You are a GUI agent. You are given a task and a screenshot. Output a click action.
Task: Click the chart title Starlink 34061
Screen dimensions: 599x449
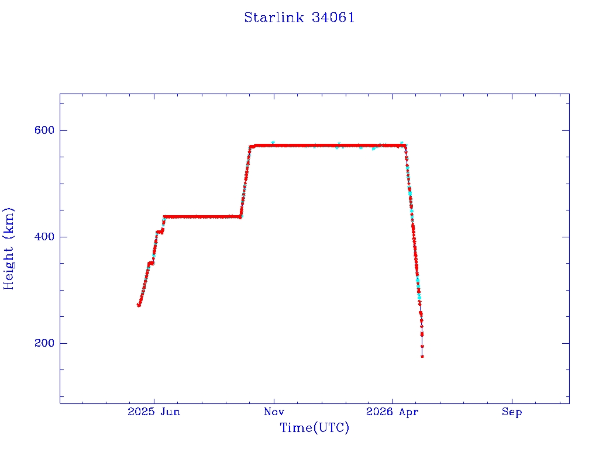[x=299, y=18]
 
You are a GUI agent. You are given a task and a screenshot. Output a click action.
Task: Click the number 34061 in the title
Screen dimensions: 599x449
[x=333, y=18]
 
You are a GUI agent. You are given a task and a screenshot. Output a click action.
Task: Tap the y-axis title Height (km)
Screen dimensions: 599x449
[x=8, y=248]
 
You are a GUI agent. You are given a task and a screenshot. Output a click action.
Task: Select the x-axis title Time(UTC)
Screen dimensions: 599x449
[x=314, y=427]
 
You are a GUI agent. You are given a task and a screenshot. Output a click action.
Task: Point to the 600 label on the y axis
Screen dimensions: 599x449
[x=44, y=130]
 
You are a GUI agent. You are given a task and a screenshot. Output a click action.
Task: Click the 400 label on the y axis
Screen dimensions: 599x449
[x=44, y=237]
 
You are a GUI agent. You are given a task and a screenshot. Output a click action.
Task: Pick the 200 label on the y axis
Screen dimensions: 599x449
[x=44, y=343]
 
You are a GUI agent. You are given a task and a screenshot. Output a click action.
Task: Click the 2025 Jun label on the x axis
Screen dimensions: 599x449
[x=154, y=412]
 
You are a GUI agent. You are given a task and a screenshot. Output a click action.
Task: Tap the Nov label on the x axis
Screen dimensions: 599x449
[x=274, y=412]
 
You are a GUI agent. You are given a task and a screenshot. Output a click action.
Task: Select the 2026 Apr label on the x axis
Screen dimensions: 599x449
[x=392, y=412]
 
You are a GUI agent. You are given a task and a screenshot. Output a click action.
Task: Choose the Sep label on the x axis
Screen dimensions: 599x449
[x=511, y=412]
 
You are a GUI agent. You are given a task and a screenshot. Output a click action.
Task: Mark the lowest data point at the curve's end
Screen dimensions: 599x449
[x=422, y=356]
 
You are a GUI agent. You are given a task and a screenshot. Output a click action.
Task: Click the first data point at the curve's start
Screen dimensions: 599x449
[x=139, y=305]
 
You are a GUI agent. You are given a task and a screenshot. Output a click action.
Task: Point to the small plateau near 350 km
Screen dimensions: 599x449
[x=151, y=263]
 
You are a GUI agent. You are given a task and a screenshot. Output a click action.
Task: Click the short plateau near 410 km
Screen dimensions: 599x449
[x=160, y=232]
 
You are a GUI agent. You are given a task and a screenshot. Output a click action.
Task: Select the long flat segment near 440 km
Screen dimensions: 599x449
[x=202, y=217]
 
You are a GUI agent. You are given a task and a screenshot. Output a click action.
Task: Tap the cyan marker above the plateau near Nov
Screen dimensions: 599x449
[x=273, y=143]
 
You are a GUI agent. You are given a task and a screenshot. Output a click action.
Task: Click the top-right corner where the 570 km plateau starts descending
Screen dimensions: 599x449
[x=405, y=146]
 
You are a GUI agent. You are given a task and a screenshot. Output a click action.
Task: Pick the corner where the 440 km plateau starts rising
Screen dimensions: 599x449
[x=240, y=217]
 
